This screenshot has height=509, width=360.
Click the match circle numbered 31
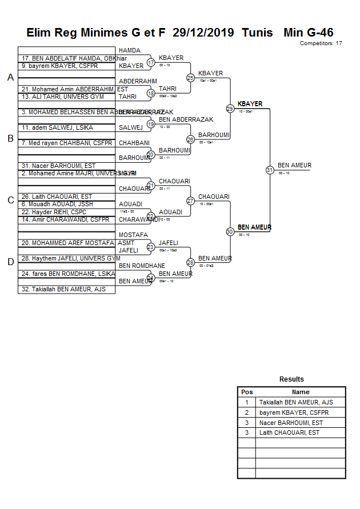(x=270, y=170)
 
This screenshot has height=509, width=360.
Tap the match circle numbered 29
(x=230, y=109)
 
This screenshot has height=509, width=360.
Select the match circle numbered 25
(x=190, y=78)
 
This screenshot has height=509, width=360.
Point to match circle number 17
(x=151, y=62)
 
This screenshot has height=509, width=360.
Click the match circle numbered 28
(x=190, y=263)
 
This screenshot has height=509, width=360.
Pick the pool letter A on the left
(x=10, y=78)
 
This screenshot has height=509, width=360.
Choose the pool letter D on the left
(x=10, y=262)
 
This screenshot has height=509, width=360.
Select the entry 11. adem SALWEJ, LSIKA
(x=57, y=128)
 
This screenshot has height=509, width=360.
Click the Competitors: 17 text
(x=321, y=43)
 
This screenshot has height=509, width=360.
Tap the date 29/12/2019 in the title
(x=203, y=33)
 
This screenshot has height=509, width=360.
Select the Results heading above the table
(x=291, y=379)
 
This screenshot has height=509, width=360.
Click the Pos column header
(x=247, y=392)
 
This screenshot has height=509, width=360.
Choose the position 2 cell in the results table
(x=247, y=412)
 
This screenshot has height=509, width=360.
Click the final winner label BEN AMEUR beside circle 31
(x=294, y=166)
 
